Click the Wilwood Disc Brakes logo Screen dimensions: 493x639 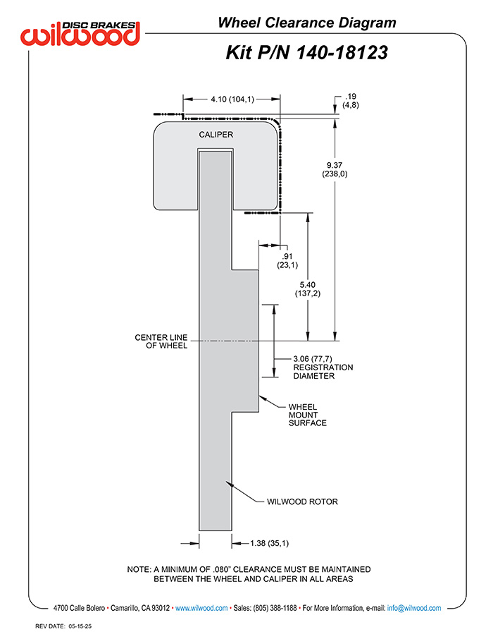80,33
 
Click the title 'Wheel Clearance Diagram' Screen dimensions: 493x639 307,23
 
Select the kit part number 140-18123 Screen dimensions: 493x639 342,53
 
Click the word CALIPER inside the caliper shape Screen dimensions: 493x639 216,135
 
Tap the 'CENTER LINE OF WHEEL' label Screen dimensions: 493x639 161,341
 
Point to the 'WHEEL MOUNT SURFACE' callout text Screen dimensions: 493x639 307,415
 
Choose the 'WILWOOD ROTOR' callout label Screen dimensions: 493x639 302,501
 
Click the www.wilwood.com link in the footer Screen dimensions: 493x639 201,608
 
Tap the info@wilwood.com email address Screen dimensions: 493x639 414,608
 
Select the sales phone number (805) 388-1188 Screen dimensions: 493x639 275,608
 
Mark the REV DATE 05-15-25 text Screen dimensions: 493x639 63,626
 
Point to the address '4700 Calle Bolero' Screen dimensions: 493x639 79,608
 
